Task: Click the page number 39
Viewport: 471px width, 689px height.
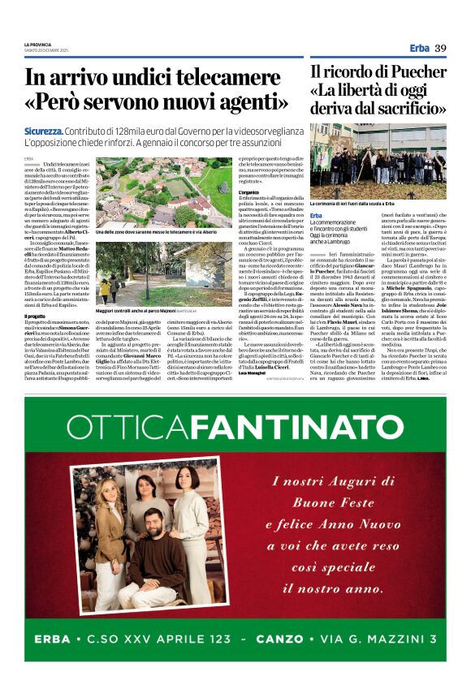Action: coord(440,48)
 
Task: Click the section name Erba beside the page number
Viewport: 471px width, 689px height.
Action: coord(419,48)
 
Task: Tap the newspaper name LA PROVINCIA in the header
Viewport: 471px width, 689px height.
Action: coord(37,44)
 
